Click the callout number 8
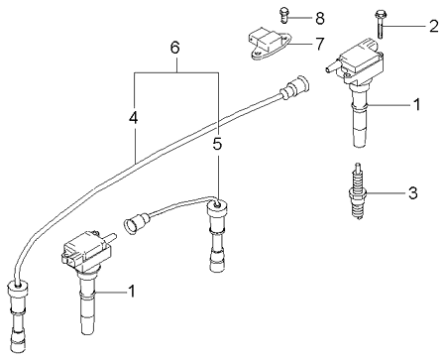coord(319,18)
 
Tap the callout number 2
coord(434,26)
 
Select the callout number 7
coord(319,44)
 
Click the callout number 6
coord(174,48)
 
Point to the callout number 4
coord(134,118)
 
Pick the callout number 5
coord(217,144)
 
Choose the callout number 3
coord(413,192)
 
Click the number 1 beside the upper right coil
coord(417,104)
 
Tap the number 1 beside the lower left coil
coord(132,291)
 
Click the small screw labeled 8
coord(283,15)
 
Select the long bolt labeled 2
coord(380,25)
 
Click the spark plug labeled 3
coord(357,191)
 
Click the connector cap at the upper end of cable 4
coord(294,86)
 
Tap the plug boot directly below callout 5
coord(216,236)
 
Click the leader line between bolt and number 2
coord(405,26)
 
